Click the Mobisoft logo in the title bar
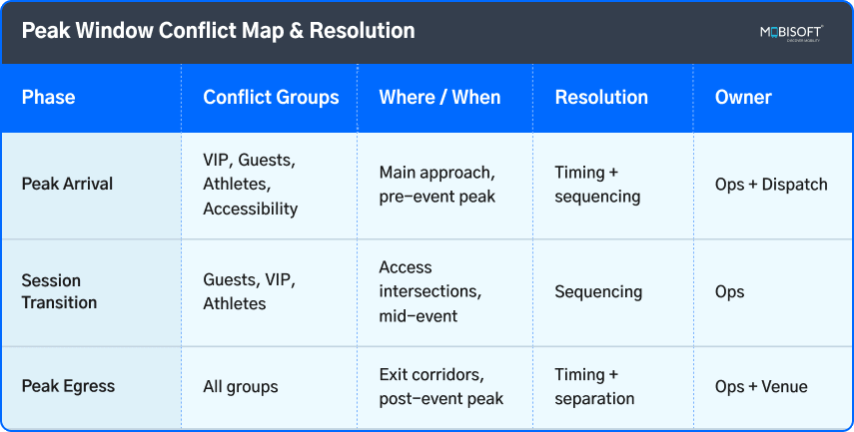click(x=790, y=32)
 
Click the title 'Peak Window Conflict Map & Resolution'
click(x=218, y=32)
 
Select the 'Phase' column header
click(x=49, y=98)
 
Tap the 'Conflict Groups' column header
click(x=271, y=98)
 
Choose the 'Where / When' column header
click(x=439, y=98)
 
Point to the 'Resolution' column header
click(x=601, y=98)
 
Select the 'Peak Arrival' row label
click(x=67, y=185)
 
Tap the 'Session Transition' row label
click(x=59, y=291)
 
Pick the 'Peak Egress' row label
click(x=68, y=386)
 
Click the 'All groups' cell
click(x=241, y=386)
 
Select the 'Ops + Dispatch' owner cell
click(x=771, y=185)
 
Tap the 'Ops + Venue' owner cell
click(x=760, y=386)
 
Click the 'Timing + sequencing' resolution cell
click(x=597, y=185)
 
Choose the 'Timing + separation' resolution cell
click(x=595, y=386)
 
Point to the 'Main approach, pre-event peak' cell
click(x=437, y=185)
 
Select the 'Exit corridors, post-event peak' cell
click(x=440, y=386)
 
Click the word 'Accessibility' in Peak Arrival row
click(x=250, y=210)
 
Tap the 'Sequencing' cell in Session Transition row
click(x=598, y=291)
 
